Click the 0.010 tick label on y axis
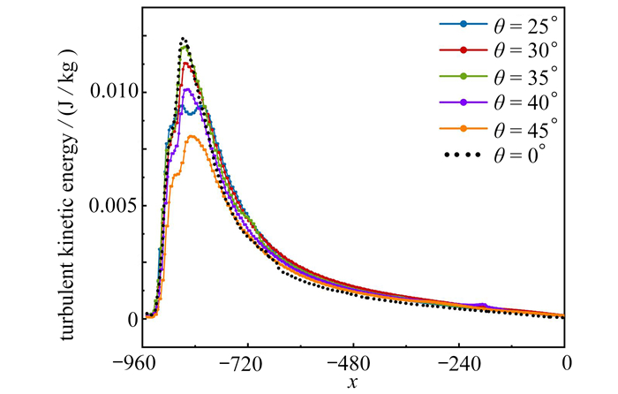[x=112, y=92]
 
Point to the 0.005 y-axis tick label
[x=112, y=206]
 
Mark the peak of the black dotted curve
[x=184, y=39]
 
